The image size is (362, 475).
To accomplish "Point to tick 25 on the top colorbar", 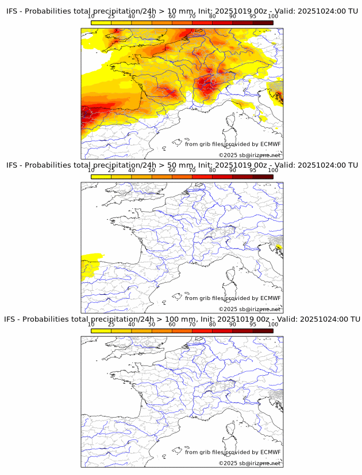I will point(111,17).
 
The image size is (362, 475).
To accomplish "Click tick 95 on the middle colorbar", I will point(253,170).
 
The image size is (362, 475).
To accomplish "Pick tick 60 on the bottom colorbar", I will point(172,324).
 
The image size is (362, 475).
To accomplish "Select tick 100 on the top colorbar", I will point(273,17).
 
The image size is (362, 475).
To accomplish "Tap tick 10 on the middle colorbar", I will point(91,170).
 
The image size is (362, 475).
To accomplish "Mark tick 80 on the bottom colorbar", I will point(213,324).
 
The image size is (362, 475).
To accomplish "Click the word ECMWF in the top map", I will point(271,144).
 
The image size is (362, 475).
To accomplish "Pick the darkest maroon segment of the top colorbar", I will point(263,22).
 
